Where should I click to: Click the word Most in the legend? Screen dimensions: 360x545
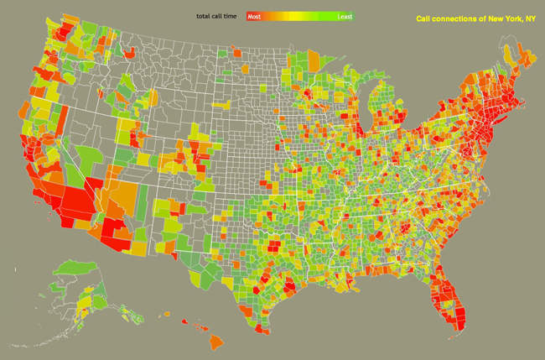(x=254, y=16)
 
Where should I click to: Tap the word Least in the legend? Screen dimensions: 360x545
(x=344, y=16)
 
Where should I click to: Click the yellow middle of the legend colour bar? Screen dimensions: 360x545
(x=299, y=16)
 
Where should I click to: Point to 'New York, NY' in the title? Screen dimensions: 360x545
(x=507, y=18)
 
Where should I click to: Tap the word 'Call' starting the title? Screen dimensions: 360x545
(x=425, y=18)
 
